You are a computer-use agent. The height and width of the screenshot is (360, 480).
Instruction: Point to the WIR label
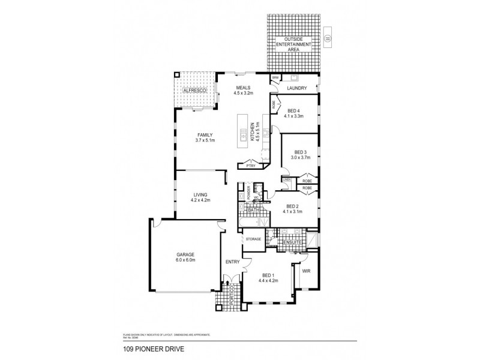(x=306, y=271)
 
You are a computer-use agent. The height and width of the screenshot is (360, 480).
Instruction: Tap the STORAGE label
(x=253, y=239)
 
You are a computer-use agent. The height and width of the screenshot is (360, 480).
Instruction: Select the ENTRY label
(x=232, y=262)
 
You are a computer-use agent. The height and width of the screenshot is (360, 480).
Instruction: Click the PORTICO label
(x=230, y=296)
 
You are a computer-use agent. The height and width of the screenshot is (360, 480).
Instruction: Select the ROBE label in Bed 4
(x=274, y=104)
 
